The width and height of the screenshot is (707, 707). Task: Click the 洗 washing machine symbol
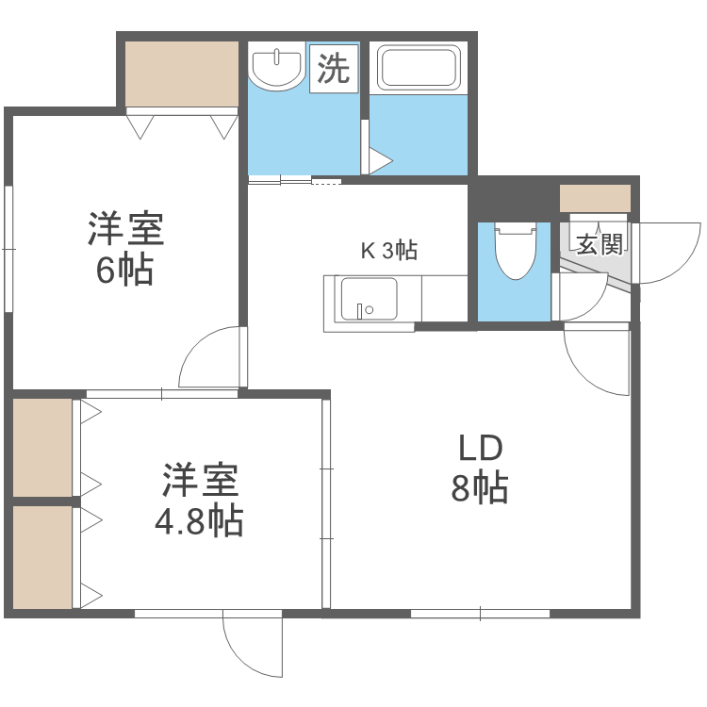point(333,68)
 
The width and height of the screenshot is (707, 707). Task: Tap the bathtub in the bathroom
point(418,68)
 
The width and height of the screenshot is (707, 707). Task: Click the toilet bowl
point(514,251)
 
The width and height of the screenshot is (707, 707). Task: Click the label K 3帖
point(389,251)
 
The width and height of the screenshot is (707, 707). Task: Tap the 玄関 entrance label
point(600,245)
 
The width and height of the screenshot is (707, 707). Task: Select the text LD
point(481,448)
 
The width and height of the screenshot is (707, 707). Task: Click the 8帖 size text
point(480,489)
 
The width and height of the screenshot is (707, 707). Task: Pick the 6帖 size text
point(124,271)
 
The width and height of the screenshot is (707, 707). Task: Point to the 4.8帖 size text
point(199,520)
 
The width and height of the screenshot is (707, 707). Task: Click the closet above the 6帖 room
point(182,74)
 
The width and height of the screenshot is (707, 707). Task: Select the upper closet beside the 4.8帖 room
point(42,447)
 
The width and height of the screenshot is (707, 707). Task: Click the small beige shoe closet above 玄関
point(594,199)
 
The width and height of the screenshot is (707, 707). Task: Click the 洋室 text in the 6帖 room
point(125,229)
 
